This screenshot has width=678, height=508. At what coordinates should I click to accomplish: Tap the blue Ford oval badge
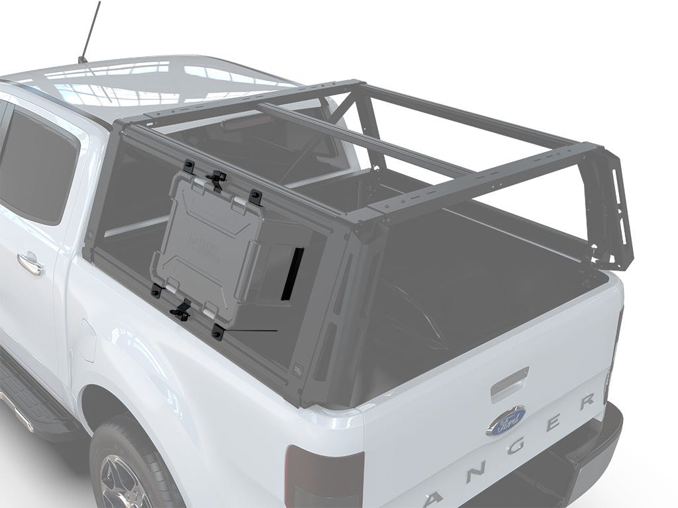[506, 420]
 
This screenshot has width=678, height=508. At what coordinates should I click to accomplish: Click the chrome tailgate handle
[509, 386]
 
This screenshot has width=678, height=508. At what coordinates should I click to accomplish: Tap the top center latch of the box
[216, 178]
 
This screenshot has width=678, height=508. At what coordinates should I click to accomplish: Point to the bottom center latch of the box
[181, 309]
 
